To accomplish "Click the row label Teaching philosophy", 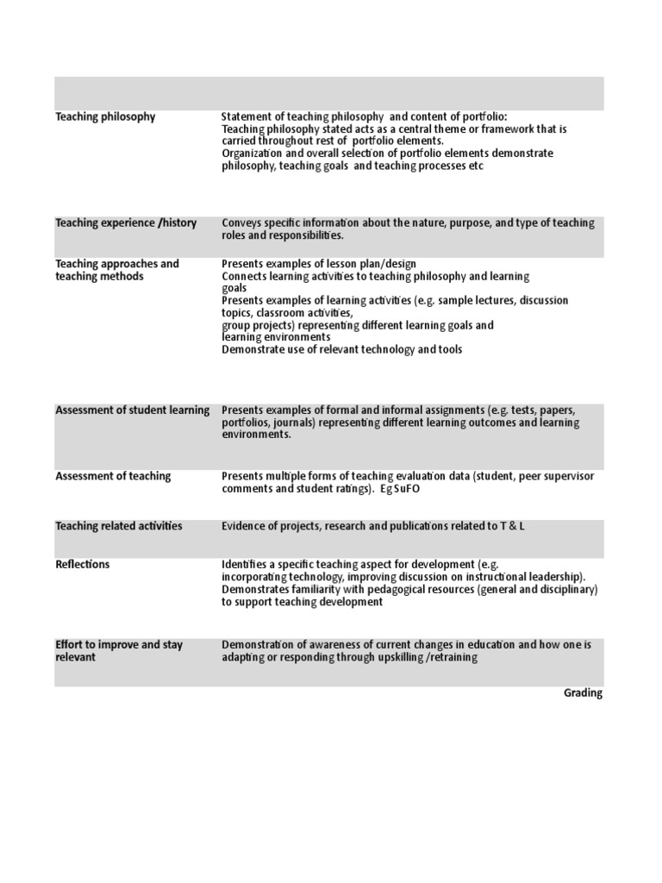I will (x=105, y=116).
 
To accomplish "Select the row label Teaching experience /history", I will (x=126, y=223).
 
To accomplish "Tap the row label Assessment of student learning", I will (x=132, y=410).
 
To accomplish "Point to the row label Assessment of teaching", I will (x=113, y=476).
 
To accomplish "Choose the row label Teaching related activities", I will (x=119, y=526).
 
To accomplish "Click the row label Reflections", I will (x=83, y=565).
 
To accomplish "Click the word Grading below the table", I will (x=583, y=693).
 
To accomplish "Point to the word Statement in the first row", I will (x=247, y=116).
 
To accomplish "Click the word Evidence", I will (x=245, y=526).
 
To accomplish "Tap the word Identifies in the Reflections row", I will (x=247, y=565).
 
